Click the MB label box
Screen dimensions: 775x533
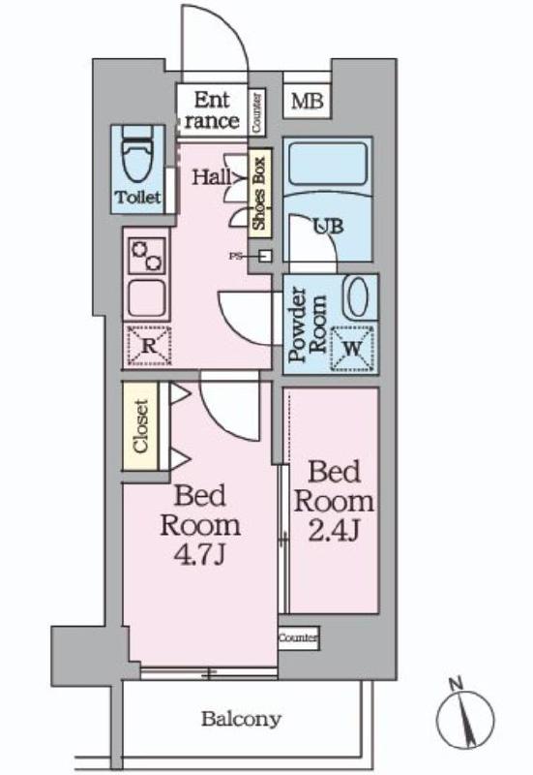(x=309, y=100)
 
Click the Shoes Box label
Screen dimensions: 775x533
(x=259, y=192)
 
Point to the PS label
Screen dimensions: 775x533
(x=236, y=257)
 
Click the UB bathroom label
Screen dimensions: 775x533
(x=326, y=228)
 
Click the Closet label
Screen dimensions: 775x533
(x=140, y=426)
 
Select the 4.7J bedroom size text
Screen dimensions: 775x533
(x=199, y=557)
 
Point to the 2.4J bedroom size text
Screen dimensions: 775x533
(x=334, y=532)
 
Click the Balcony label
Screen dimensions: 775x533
(x=241, y=719)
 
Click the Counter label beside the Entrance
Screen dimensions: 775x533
(x=256, y=113)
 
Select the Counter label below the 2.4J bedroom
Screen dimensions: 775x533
(x=298, y=638)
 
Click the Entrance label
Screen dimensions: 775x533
(x=211, y=110)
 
